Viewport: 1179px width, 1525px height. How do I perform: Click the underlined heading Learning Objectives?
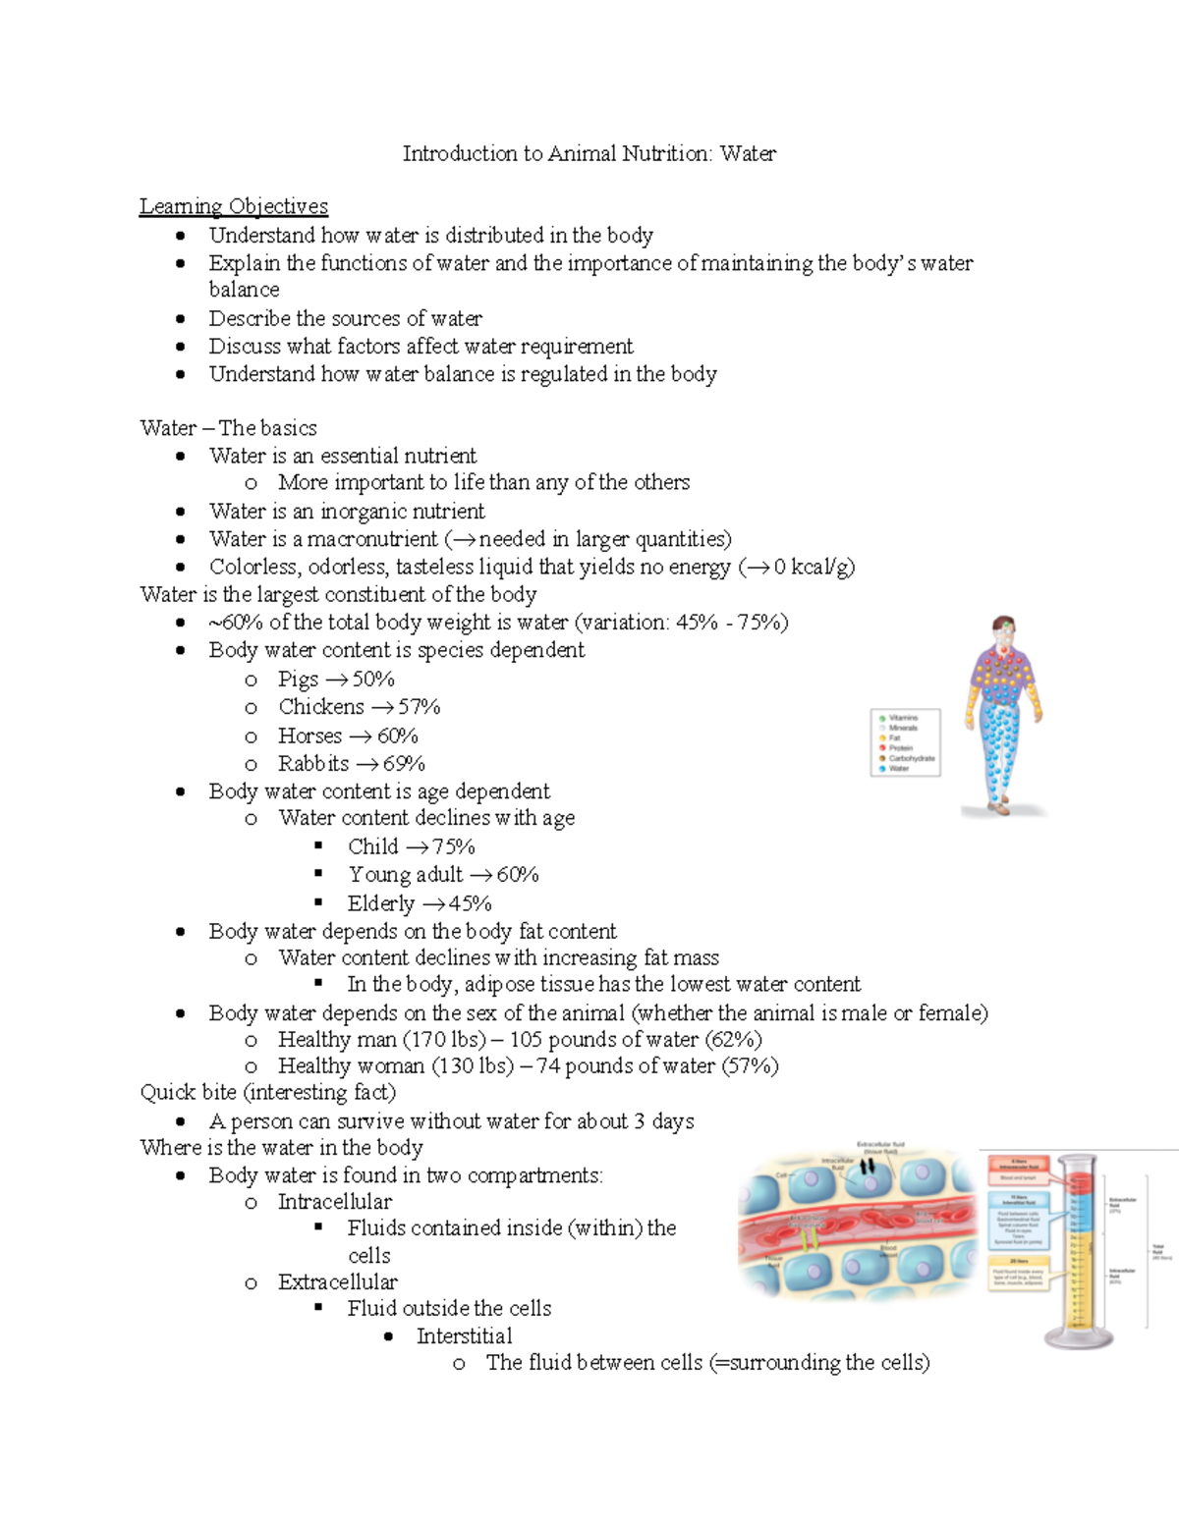(x=234, y=206)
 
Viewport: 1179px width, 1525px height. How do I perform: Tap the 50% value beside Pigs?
(x=373, y=680)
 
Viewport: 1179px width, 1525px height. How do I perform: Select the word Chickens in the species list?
(x=321, y=707)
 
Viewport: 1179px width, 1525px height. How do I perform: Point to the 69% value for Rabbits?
(x=404, y=764)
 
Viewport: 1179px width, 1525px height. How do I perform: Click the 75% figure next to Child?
(x=454, y=846)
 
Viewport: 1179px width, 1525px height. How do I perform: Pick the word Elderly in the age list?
(x=381, y=903)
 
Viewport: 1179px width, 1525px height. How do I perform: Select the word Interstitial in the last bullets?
(x=464, y=1336)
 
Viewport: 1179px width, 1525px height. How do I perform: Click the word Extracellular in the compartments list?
(x=338, y=1282)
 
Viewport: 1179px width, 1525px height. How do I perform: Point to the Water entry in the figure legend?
(x=899, y=769)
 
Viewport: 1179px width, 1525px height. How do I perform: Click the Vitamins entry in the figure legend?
(x=903, y=718)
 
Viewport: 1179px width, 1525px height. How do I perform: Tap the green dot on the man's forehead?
(x=1004, y=626)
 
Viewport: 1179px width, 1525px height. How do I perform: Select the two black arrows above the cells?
(x=867, y=1167)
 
